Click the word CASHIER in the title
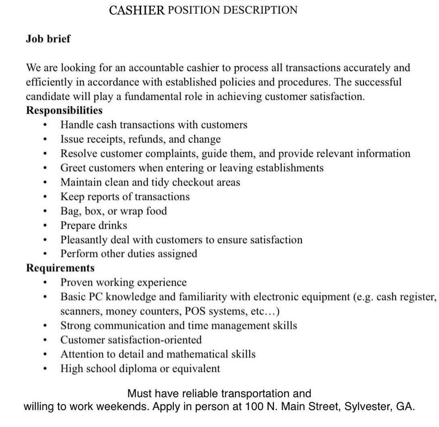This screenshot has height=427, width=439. tap(137, 11)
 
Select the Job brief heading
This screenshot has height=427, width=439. tap(48, 39)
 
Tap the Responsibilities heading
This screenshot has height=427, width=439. tap(64, 111)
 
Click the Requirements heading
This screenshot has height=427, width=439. tap(60, 268)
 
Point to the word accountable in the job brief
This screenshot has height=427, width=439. tap(156, 68)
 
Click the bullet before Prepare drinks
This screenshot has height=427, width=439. tap(45, 226)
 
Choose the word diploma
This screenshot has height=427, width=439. tap(138, 369)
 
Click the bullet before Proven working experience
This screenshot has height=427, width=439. tap(45, 283)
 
